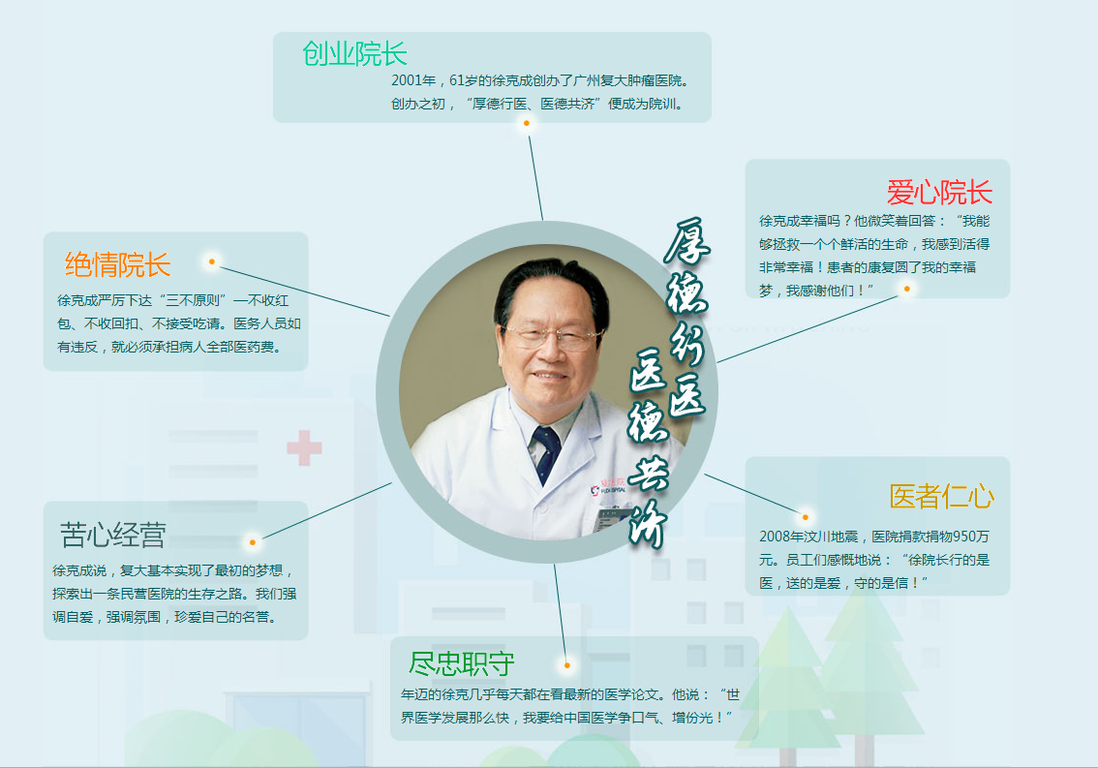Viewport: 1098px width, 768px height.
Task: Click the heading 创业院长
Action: click(354, 54)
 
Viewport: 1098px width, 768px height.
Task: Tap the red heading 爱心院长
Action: click(939, 192)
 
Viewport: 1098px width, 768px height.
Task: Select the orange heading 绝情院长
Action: click(117, 264)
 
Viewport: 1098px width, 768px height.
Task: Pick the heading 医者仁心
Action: click(941, 497)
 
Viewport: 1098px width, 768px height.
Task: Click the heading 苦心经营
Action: click(113, 535)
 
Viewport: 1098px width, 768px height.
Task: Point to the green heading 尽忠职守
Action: click(462, 664)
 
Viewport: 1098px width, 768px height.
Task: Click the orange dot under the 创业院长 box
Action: click(527, 124)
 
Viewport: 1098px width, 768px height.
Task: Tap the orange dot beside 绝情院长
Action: click(211, 261)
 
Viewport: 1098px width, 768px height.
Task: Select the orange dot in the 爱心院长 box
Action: click(907, 289)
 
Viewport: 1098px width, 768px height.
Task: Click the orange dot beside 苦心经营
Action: click(253, 541)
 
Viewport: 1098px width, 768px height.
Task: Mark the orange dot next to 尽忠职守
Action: click(567, 665)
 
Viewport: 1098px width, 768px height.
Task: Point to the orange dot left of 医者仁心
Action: click(805, 516)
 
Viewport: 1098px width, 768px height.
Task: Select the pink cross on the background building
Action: click(304, 449)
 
